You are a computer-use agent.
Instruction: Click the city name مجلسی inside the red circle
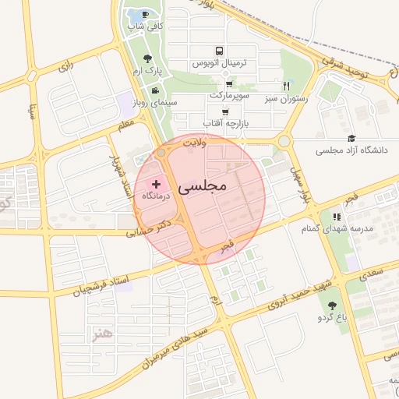[x=201, y=187]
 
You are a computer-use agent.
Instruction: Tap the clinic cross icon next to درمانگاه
[x=157, y=185]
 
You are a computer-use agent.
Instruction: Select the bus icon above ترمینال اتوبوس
[x=220, y=48]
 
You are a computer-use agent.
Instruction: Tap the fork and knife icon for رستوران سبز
[x=287, y=86]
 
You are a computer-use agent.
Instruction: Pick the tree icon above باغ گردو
[x=334, y=305]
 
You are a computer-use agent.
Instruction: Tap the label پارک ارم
[x=149, y=71]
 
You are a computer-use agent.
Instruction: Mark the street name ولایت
[x=193, y=143]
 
